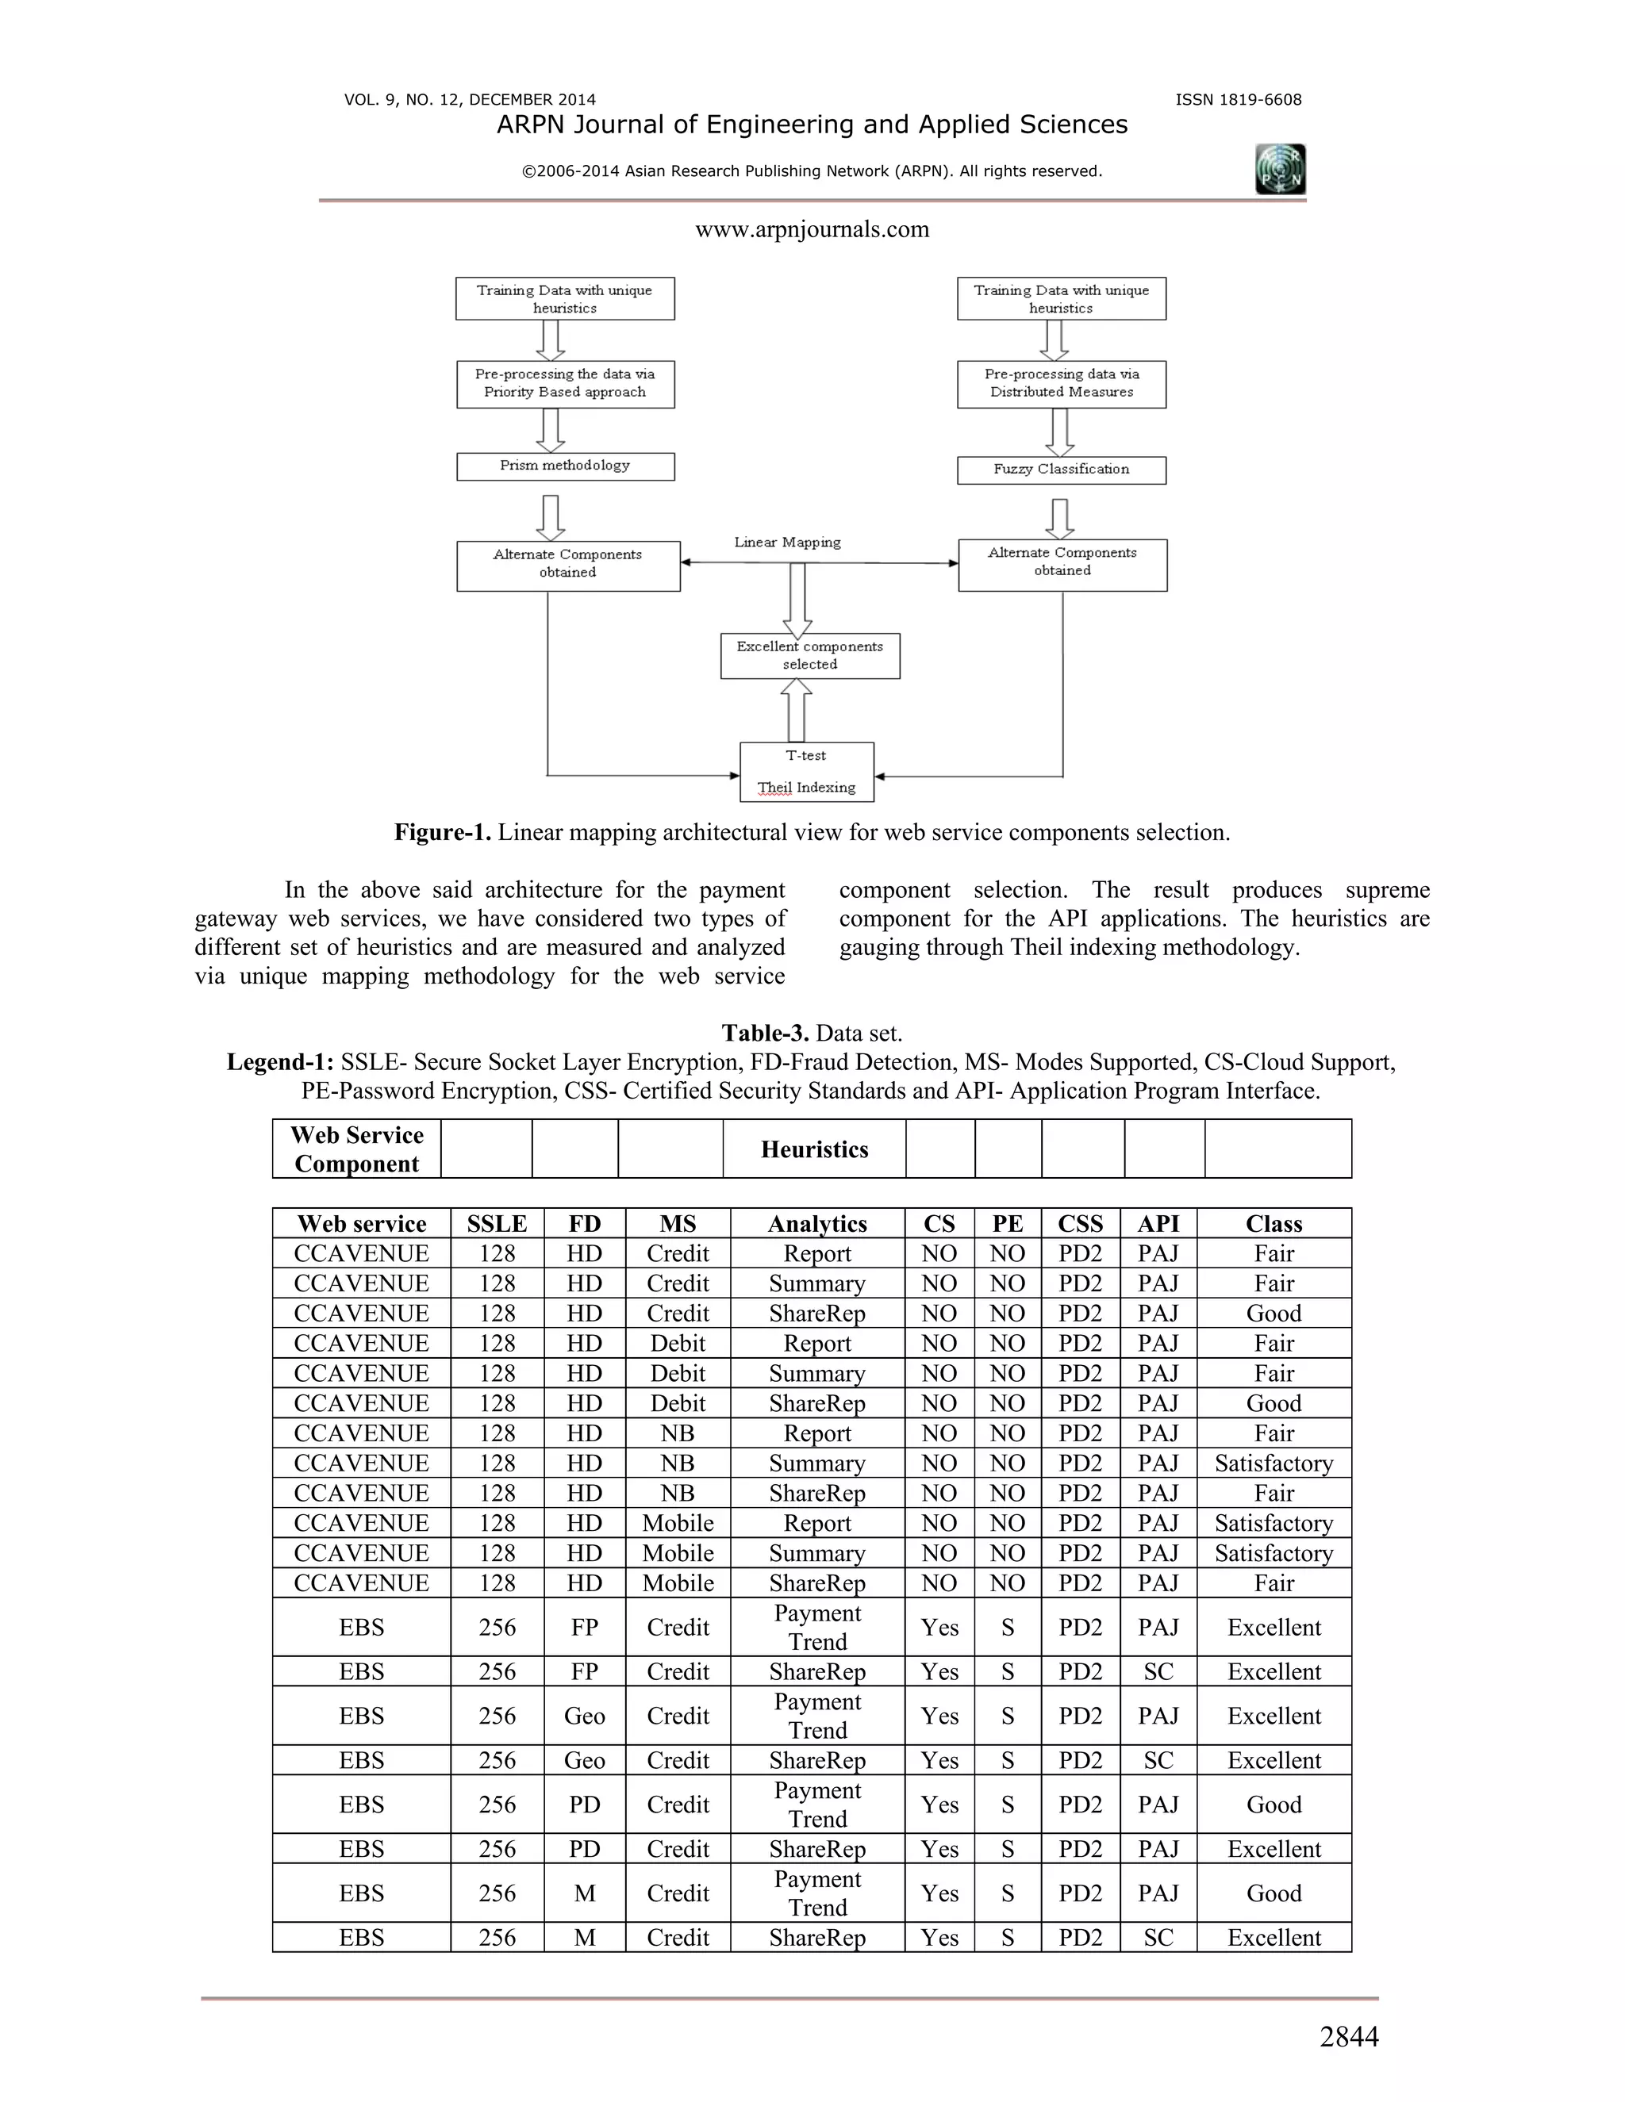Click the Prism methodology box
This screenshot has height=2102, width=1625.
(565, 466)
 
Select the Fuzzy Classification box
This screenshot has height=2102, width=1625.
(1061, 470)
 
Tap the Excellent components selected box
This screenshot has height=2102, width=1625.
(809, 655)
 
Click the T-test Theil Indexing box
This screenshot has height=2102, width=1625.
(807, 772)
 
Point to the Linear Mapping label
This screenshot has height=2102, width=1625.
(786, 542)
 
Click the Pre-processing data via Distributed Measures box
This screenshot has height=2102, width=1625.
(1061, 383)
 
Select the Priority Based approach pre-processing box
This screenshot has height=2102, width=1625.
(565, 383)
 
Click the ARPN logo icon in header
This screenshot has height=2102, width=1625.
(1281, 171)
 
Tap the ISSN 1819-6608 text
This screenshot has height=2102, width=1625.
(1238, 100)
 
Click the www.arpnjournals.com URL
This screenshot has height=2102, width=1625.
(812, 229)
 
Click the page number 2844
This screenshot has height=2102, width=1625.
(1349, 2036)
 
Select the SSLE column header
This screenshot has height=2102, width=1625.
(497, 1223)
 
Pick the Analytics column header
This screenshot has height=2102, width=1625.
(817, 1223)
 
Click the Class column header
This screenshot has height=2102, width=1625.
(1273, 1223)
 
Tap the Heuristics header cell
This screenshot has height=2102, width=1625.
(814, 1149)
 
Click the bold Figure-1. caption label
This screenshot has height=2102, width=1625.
(443, 833)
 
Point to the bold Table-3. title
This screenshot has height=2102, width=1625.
(766, 1034)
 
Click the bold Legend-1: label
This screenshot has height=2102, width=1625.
(280, 1063)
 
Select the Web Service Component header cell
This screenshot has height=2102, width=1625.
(356, 1149)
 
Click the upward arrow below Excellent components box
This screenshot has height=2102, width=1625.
(796, 709)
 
